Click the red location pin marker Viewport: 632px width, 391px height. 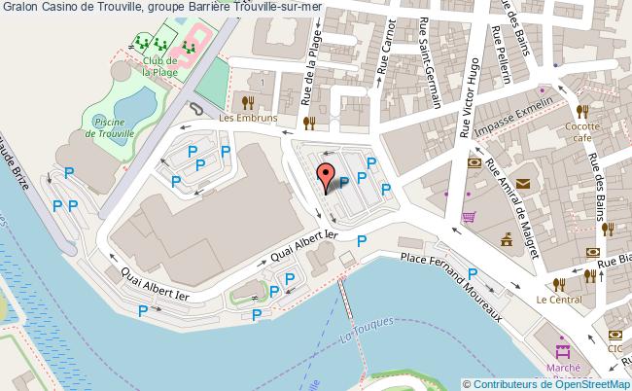coord(327,177)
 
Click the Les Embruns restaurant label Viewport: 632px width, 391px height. coord(248,119)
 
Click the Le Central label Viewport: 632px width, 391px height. coord(556,301)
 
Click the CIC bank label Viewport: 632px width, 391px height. coord(614,346)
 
